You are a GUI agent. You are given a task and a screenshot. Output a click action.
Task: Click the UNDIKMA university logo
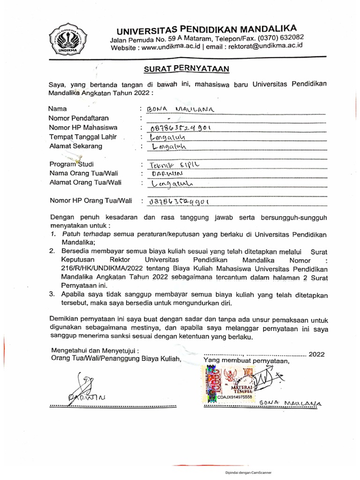(65, 39)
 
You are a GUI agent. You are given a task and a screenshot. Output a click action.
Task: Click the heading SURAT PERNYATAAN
(186, 69)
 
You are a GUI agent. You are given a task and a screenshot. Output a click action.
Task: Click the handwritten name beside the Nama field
(180, 109)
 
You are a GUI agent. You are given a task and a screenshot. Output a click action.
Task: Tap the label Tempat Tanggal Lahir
(82, 137)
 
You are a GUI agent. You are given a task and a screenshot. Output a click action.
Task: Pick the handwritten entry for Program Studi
(172, 165)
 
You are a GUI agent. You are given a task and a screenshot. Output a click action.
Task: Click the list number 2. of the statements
(52, 252)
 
